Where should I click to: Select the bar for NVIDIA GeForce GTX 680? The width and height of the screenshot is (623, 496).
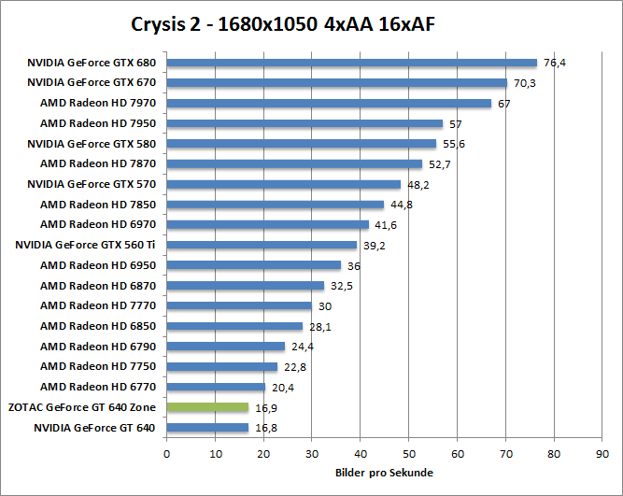click(x=352, y=63)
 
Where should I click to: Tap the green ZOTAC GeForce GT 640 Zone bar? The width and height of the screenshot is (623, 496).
click(x=207, y=407)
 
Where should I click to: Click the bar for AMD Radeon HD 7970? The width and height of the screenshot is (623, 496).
click(x=329, y=104)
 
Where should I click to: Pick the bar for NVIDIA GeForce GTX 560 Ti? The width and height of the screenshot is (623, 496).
click(x=262, y=245)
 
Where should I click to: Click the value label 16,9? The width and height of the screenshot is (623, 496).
click(x=265, y=407)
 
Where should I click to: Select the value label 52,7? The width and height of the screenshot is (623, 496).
click(x=439, y=164)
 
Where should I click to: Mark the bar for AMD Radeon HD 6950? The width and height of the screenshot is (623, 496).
click(x=253, y=265)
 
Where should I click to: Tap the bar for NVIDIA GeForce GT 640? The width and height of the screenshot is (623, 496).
click(x=207, y=428)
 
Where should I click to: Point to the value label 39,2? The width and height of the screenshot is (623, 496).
click(x=374, y=245)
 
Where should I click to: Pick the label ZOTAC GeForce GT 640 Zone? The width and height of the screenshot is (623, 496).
click(x=82, y=407)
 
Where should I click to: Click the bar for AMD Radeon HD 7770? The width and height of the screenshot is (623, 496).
click(x=239, y=305)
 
